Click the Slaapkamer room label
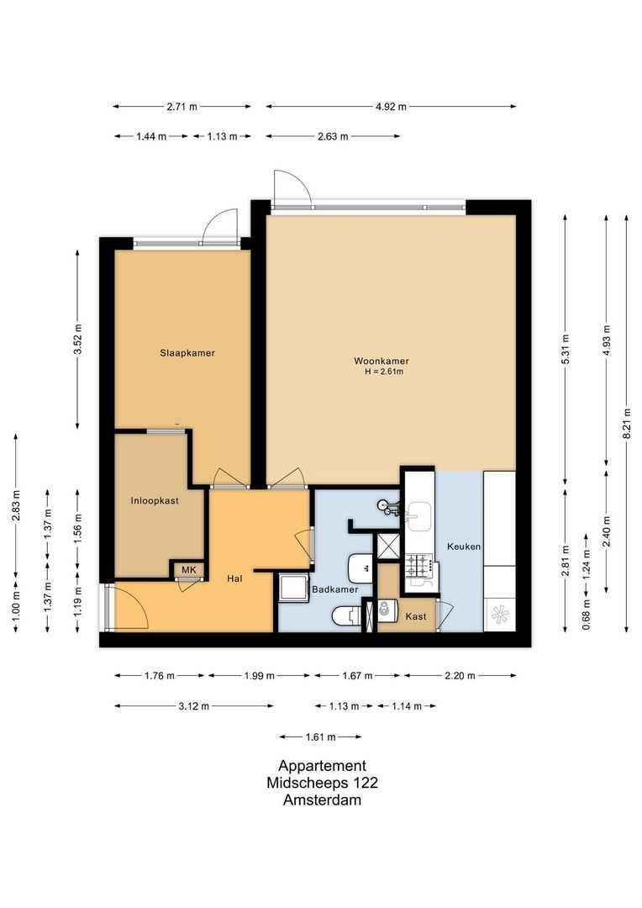(x=187, y=353)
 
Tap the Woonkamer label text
(x=381, y=361)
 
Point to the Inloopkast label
(x=155, y=500)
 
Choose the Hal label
(x=235, y=578)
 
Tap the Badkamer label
(x=335, y=589)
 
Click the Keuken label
(x=464, y=546)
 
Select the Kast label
(x=415, y=616)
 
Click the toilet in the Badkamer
(x=345, y=617)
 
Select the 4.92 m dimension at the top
(x=391, y=107)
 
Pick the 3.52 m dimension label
(x=77, y=340)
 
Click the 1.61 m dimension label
(x=320, y=736)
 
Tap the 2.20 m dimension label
(x=459, y=675)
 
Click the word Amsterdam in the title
(x=322, y=800)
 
